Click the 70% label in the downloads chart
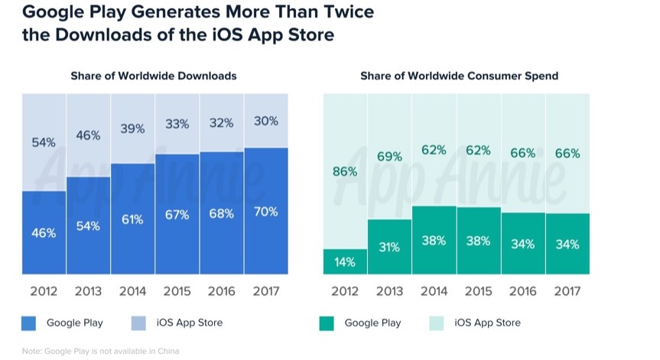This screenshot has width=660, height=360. click(x=265, y=212)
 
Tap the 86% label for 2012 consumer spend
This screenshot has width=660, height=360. click(x=345, y=171)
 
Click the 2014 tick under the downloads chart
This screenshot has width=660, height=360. click(x=132, y=291)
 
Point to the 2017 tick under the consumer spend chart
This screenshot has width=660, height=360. click(x=567, y=291)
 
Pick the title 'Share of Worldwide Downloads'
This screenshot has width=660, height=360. click(x=154, y=76)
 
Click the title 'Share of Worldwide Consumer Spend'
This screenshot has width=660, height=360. click(x=459, y=76)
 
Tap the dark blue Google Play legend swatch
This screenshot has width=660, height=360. click(x=29, y=323)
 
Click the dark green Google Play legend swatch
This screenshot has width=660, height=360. click(x=327, y=323)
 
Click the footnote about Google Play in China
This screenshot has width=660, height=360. click(x=100, y=352)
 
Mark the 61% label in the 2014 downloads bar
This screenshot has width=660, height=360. click(x=132, y=219)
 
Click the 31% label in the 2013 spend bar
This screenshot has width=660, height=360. click(x=389, y=248)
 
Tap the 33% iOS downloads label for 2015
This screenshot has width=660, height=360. click(x=177, y=123)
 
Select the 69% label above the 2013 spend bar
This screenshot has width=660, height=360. click(x=389, y=157)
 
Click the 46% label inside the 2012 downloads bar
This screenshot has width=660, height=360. click(x=44, y=233)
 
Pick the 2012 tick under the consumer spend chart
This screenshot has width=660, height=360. click(x=345, y=291)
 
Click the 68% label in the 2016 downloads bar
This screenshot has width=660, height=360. click(x=221, y=214)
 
